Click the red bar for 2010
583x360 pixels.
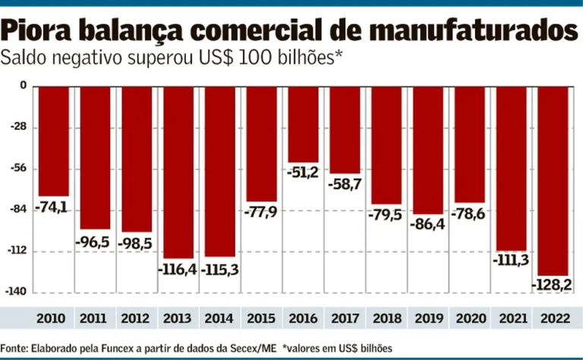[x=54, y=141]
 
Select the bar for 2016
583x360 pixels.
[x=302, y=124]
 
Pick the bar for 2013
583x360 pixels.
[x=178, y=172]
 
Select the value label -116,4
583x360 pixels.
[x=178, y=268]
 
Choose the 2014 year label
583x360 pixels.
[x=219, y=318]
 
